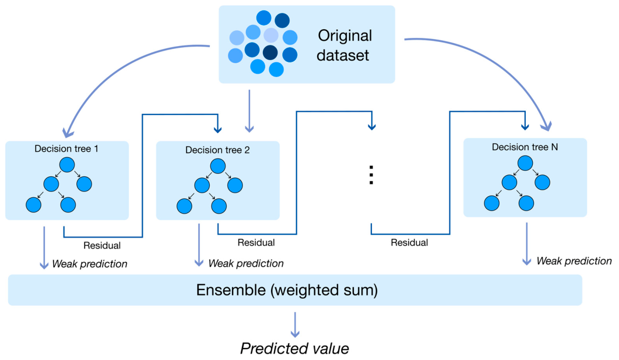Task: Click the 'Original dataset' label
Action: tap(344, 46)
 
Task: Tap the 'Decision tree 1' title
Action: tap(66, 149)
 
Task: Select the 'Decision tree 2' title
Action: tap(217, 150)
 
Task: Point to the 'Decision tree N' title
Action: tap(525, 147)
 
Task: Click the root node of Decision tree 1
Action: tap(67, 165)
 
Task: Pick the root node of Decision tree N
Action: tap(525, 163)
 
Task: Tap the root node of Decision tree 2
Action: tap(218, 166)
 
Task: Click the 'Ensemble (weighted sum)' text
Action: tap(287, 290)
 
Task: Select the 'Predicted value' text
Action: tap(294, 349)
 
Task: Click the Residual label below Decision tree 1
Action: tap(102, 246)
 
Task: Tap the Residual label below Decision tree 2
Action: tap(256, 242)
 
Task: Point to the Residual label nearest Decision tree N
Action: tap(409, 242)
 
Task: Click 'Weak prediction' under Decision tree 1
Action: tap(89, 263)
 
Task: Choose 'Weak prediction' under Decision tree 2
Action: tap(246, 263)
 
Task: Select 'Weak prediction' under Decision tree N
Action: tap(574, 261)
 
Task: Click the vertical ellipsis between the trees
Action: tap(371, 175)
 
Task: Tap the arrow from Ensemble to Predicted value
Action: tap(295, 324)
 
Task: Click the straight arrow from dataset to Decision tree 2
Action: tap(249, 111)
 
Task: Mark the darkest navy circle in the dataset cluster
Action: tap(270, 53)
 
